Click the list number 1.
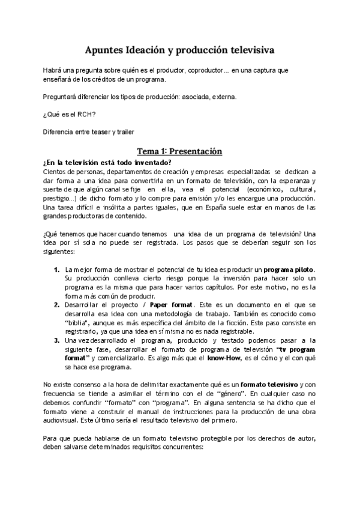56,271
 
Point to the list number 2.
56,305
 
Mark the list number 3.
56,340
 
